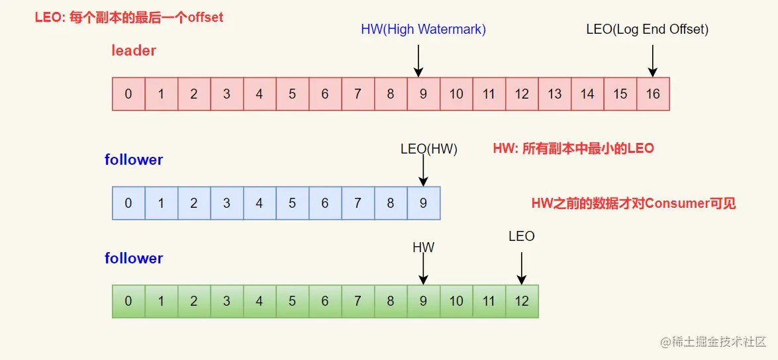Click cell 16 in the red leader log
[653, 94]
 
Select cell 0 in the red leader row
[128, 94]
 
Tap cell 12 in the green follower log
[522, 301]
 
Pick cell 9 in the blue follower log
[423, 203]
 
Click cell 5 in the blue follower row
[292, 203]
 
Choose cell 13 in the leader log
[554, 94]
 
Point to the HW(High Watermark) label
[423, 29]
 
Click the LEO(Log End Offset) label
[647, 29]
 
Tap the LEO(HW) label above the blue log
[428, 149]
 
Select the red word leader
[134, 51]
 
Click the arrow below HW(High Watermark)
[418, 60]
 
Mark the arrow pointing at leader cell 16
[653, 60]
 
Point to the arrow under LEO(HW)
[423, 172]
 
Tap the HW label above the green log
[423, 247]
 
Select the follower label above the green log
[134, 258]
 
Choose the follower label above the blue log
[134, 159]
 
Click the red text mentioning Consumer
[634, 203]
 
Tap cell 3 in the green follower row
[226, 301]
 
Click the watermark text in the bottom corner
[712, 342]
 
